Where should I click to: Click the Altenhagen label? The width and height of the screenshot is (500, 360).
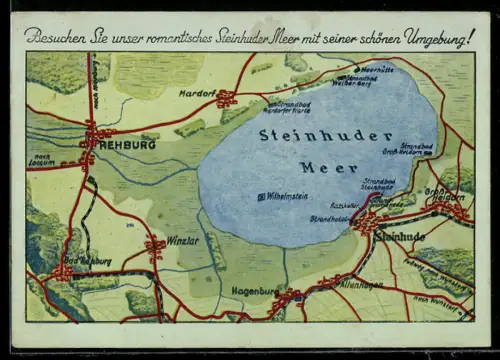click(x=332, y=285)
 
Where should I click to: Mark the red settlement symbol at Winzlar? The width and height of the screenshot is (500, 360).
click(x=155, y=245)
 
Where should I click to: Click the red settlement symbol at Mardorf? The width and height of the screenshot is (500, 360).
click(x=227, y=98)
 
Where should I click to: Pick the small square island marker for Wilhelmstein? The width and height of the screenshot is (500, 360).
click(x=262, y=197)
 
